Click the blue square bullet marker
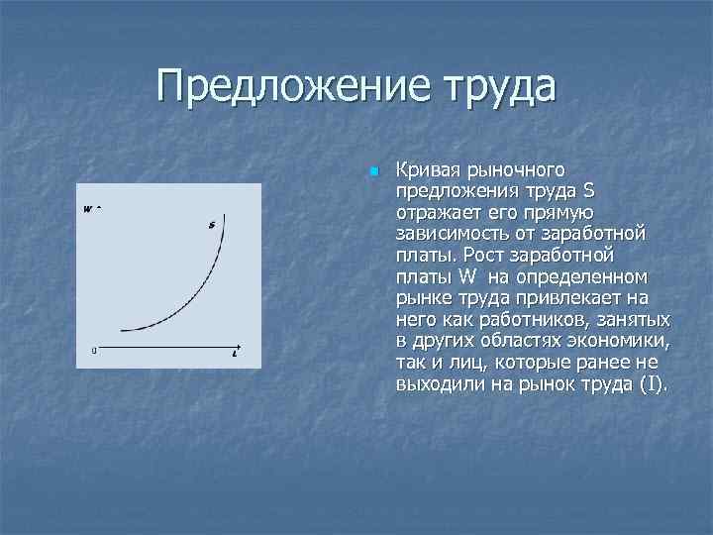click(372, 172)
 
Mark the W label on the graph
click(88, 208)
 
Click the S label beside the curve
click(211, 225)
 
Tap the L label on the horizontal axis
click(234, 353)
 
